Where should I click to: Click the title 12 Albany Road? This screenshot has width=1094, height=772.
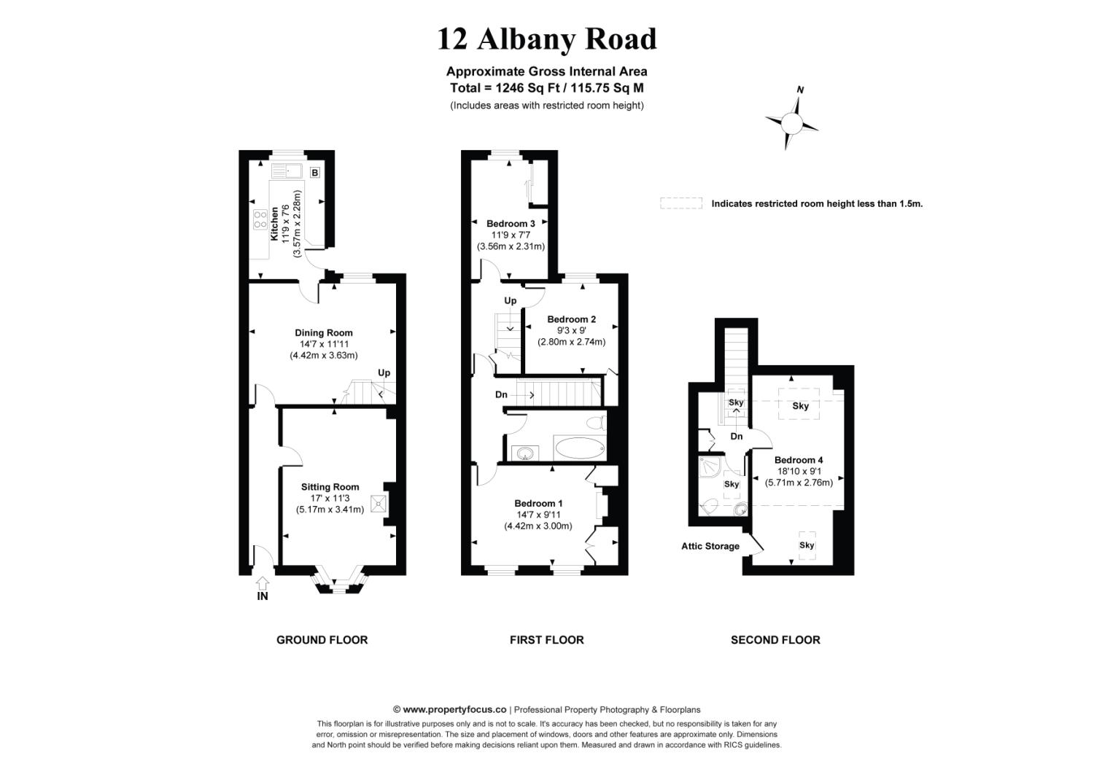click(546, 39)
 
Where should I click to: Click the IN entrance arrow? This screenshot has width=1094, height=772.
click(263, 583)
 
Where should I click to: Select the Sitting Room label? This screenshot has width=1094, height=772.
click(330, 487)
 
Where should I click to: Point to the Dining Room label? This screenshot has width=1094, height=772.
click(323, 333)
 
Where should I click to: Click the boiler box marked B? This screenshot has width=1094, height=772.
click(315, 173)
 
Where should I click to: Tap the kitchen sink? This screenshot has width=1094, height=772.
click(287, 171)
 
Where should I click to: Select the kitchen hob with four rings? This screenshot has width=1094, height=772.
click(260, 219)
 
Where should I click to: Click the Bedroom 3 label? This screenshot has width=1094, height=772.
click(511, 224)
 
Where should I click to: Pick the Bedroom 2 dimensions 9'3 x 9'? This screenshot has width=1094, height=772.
click(571, 330)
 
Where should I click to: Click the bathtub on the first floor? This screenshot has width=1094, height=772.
click(579, 449)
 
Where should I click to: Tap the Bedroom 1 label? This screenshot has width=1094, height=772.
click(538, 504)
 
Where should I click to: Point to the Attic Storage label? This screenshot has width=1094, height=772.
click(710, 546)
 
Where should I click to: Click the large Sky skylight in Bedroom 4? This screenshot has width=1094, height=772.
click(799, 405)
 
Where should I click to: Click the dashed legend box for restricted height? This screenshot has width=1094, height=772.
click(680, 203)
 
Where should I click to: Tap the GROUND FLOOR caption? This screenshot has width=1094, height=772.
click(322, 640)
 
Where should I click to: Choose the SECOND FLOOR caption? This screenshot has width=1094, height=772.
click(775, 640)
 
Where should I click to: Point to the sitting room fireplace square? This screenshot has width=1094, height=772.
click(379, 503)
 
